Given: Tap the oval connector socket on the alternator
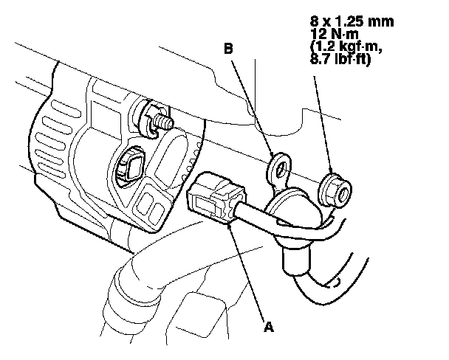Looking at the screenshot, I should coord(131,167).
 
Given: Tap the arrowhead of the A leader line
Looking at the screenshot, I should coord(232,226).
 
